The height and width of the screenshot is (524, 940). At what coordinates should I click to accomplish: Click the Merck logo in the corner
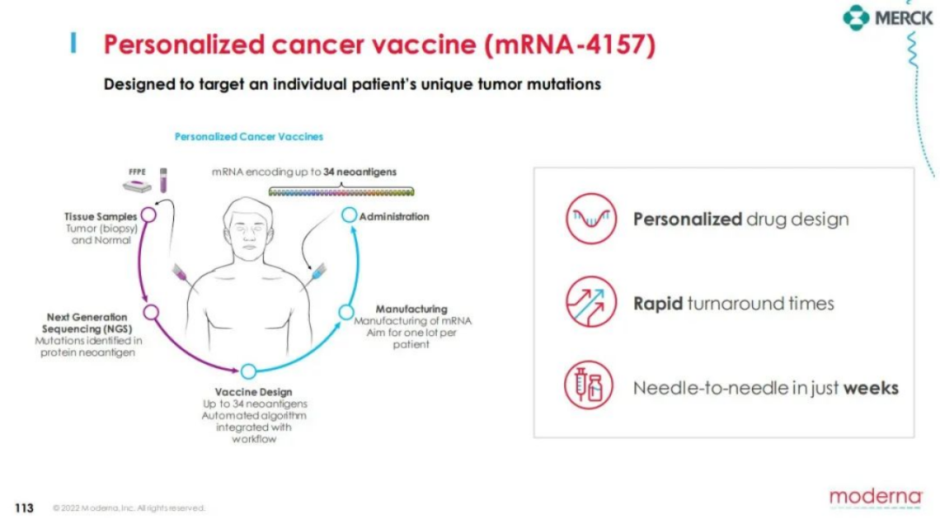(887, 18)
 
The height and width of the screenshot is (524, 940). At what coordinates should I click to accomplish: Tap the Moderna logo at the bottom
(876, 497)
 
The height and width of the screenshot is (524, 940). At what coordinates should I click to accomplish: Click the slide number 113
(24, 508)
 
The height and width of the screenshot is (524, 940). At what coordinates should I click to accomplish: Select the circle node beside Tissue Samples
(149, 215)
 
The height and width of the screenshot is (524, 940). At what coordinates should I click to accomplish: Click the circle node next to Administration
(349, 215)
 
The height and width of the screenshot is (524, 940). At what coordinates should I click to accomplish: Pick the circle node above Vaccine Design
(248, 372)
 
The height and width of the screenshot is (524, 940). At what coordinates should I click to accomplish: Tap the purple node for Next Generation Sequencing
(151, 312)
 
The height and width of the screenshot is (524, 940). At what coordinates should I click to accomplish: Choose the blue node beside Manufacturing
(346, 312)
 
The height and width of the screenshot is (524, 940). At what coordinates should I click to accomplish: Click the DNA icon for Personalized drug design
(591, 218)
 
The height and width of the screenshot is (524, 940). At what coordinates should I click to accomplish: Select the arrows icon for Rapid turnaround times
(591, 301)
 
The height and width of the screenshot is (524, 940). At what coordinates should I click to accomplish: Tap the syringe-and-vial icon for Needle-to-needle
(588, 385)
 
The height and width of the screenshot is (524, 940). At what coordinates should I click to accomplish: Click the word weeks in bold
(871, 388)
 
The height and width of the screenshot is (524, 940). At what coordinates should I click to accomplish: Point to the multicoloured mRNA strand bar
(341, 192)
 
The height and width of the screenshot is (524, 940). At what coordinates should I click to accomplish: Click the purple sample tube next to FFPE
(163, 180)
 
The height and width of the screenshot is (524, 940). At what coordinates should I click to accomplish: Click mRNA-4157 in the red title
(569, 45)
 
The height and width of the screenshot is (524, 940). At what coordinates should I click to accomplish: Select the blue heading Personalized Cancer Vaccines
(249, 137)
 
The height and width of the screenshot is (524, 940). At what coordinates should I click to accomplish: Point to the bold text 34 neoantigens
(359, 172)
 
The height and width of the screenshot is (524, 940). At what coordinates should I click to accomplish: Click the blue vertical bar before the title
(73, 44)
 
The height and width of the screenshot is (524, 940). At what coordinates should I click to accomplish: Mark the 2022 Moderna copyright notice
(129, 508)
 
